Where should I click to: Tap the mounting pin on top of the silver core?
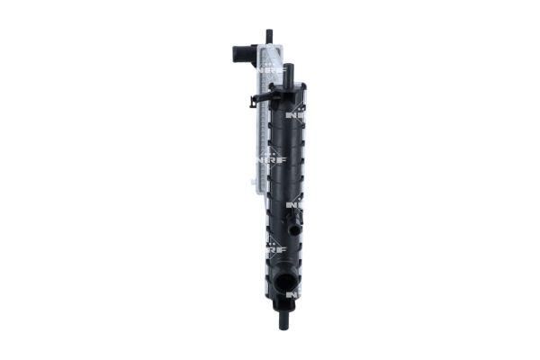tap(268, 37)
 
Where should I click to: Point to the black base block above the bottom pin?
tap(286, 304)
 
